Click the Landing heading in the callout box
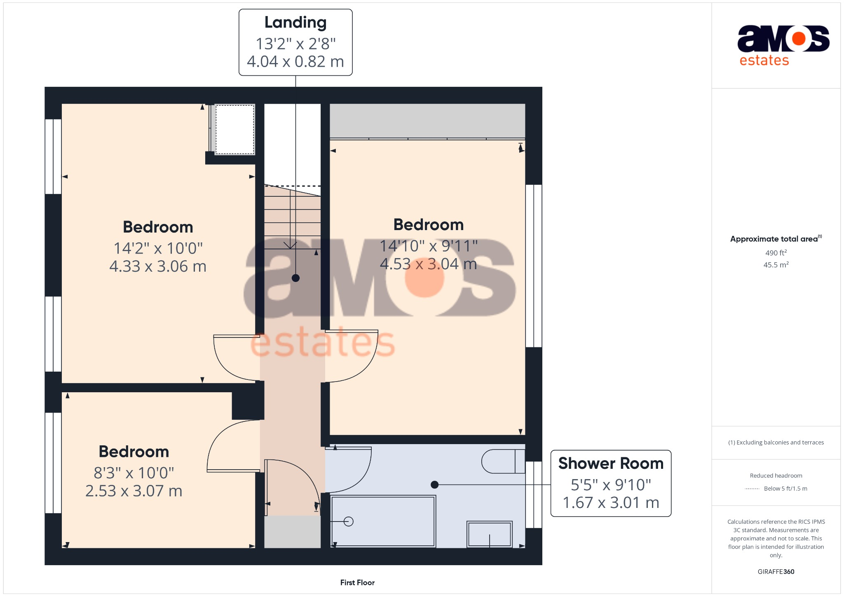click(295, 23)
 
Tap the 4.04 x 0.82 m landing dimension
click(295, 62)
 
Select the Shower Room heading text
click(611, 463)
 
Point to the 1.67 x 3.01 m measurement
click(611, 503)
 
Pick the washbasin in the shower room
click(490, 534)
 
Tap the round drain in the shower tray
click(349, 521)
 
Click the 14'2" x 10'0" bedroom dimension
click(158, 249)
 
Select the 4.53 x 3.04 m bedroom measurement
click(428, 264)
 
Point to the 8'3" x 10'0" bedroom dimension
click(134, 473)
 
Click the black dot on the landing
click(295, 278)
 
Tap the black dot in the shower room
click(434, 485)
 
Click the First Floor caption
click(357, 582)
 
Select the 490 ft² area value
click(776, 253)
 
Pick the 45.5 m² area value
click(776, 265)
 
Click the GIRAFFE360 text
click(776, 572)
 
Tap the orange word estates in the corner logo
click(764, 61)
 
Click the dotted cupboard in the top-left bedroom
click(234, 130)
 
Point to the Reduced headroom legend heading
click(776, 475)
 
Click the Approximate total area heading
click(774, 239)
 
